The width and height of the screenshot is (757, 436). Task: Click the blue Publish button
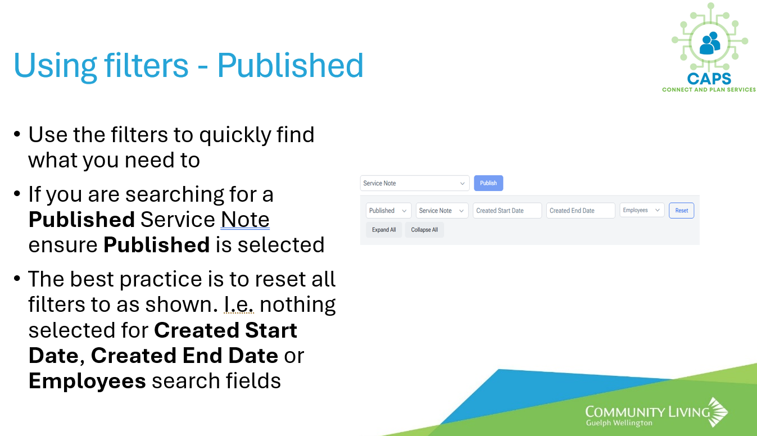tap(488, 183)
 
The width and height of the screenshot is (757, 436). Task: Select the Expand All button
tap(384, 230)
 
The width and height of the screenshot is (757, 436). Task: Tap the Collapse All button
tap(424, 230)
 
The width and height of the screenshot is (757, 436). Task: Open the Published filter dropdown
tap(389, 211)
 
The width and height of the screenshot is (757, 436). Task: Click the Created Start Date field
tap(507, 211)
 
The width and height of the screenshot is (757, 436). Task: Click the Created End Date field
tap(581, 211)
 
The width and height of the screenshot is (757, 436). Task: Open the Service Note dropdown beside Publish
tap(415, 183)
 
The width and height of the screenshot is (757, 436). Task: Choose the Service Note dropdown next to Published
tap(442, 211)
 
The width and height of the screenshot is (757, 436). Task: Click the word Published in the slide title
tap(291, 66)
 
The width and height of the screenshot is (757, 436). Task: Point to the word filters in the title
tap(146, 66)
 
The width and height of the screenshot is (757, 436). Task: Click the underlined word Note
tap(245, 220)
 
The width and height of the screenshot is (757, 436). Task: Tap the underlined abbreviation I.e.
tap(239, 305)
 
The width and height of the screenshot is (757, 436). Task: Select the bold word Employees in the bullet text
tap(87, 381)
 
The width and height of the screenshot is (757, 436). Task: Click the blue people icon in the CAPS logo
tap(709, 43)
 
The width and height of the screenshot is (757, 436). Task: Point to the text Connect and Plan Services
tap(709, 89)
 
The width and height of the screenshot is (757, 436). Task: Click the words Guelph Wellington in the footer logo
tap(619, 423)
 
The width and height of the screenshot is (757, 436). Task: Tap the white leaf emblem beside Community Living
tap(718, 412)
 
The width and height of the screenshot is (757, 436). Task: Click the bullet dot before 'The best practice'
tap(17, 279)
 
